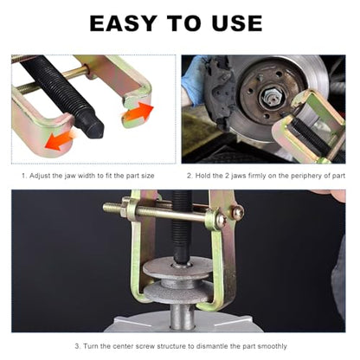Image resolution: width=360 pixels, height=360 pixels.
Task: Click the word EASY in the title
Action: (123, 23)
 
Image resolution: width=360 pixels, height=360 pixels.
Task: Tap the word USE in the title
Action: (237, 23)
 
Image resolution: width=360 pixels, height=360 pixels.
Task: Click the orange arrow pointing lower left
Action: (59, 140)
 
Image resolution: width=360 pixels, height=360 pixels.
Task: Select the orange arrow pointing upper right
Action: (138, 111)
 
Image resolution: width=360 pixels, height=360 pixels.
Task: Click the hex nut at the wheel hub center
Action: (269, 98)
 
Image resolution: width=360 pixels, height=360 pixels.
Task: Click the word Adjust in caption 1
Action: (40, 176)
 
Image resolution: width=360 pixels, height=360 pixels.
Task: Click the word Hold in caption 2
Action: (202, 176)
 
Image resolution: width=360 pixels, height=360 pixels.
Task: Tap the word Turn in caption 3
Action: (90, 346)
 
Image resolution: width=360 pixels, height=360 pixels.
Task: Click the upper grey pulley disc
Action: (177, 268)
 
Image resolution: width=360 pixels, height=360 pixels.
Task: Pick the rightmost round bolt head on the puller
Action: (238, 212)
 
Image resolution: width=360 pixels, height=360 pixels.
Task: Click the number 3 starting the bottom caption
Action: (77, 346)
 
